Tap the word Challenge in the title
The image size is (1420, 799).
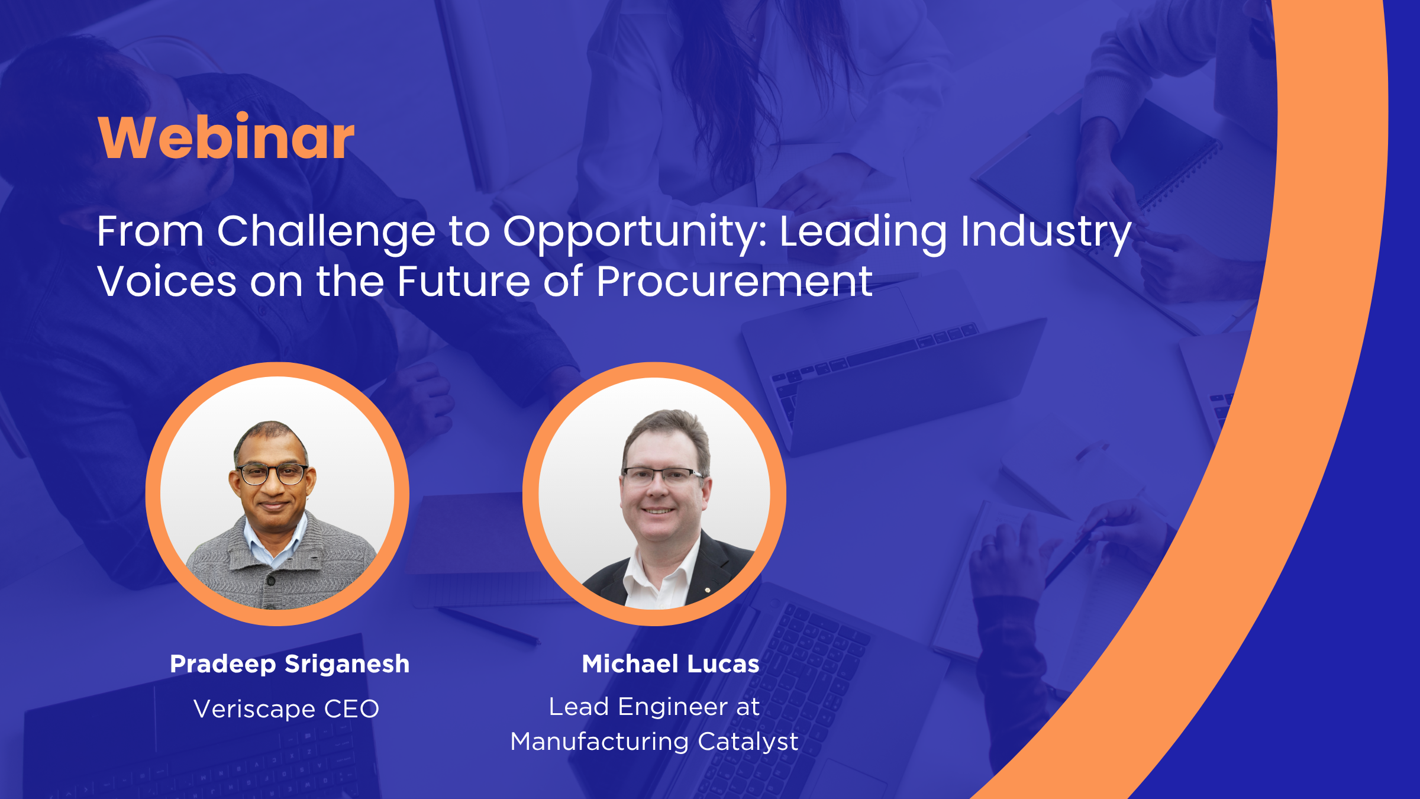pyautogui.click(x=326, y=233)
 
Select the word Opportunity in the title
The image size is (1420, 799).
pyautogui.click(x=635, y=233)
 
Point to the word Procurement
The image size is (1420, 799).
pyautogui.click(x=734, y=281)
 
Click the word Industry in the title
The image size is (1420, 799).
pyautogui.click(x=1045, y=233)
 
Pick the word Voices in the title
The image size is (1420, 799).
pyautogui.click(x=167, y=281)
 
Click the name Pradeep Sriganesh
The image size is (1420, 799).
pyautogui.click(x=290, y=664)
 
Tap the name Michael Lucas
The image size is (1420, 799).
pyautogui.click(x=670, y=663)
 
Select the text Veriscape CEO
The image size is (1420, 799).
pyautogui.click(x=286, y=708)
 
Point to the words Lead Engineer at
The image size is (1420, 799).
pyautogui.click(x=654, y=707)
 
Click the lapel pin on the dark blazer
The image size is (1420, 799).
pyautogui.click(x=708, y=589)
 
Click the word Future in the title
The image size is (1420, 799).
pyautogui.click(x=464, y=281)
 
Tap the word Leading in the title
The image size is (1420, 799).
pyautogui.click(x=863, y=233)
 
